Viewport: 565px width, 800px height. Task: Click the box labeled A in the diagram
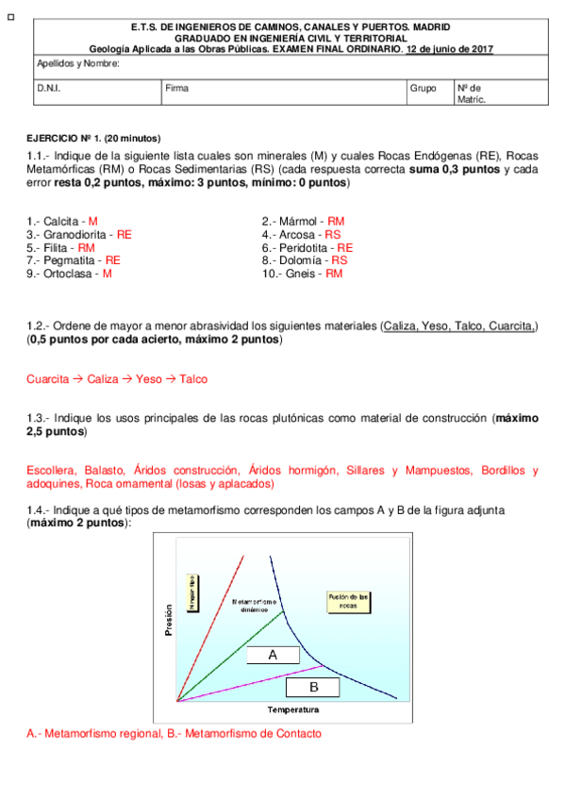273,655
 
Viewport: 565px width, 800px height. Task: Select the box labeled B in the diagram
313,686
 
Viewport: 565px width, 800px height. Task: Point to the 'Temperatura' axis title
292,710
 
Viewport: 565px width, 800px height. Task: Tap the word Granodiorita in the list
76,234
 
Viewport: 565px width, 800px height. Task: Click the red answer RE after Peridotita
345,247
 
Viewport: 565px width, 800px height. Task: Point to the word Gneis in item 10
303,274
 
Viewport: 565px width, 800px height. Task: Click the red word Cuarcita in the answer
47,378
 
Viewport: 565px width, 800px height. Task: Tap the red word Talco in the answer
191,378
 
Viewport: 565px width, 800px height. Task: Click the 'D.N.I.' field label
48,89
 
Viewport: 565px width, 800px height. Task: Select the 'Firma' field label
176,89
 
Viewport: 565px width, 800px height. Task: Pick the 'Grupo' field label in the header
423,89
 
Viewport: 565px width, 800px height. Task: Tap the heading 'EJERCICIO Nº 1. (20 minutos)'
93,138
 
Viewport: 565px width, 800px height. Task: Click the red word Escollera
52,470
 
